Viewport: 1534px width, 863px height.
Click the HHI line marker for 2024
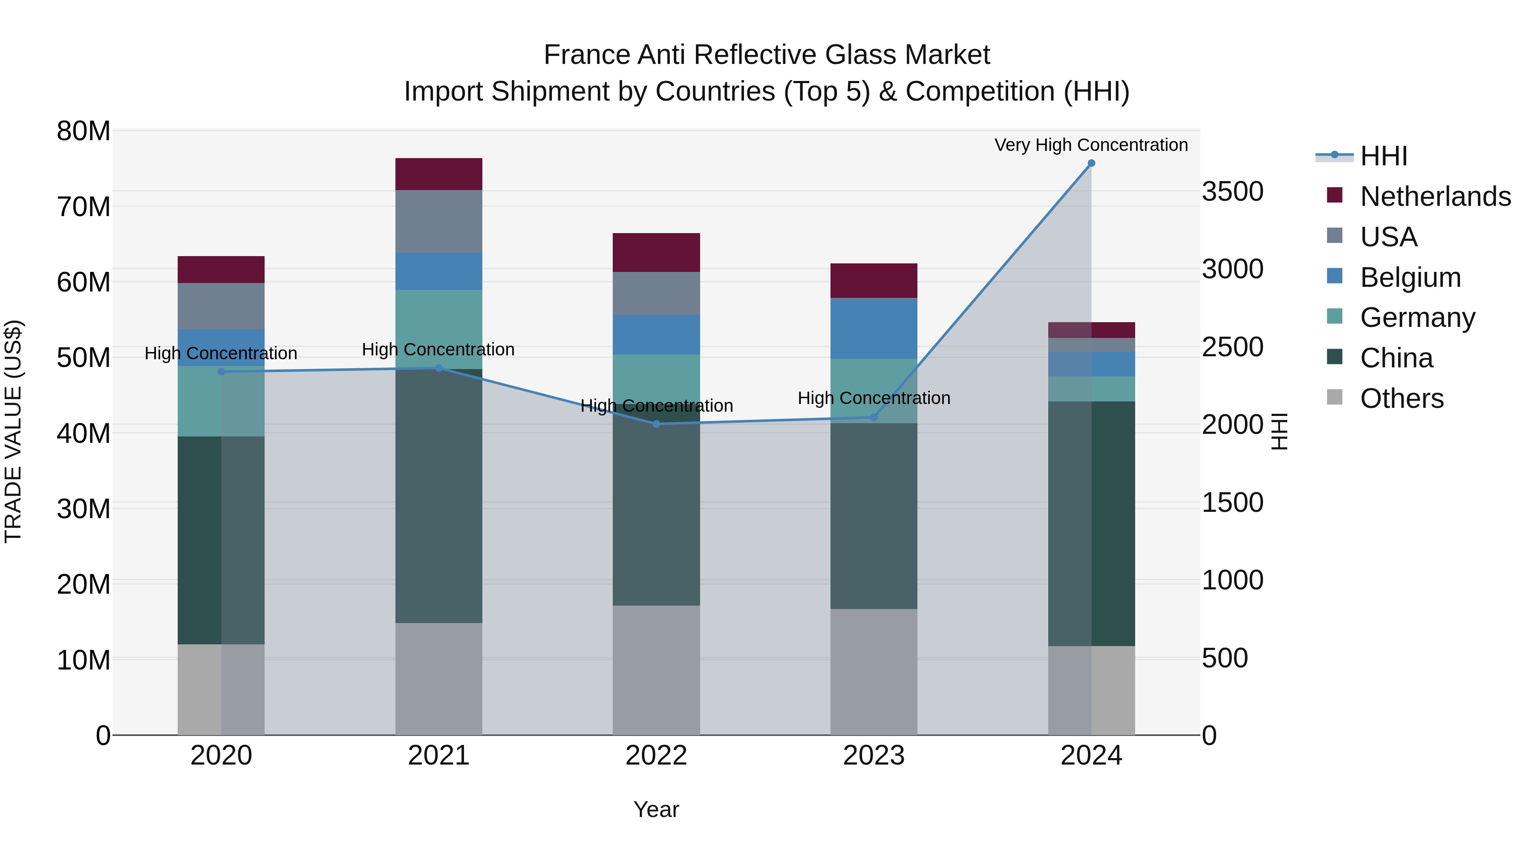click(1091, 163)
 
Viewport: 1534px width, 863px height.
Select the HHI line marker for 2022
click(656, 424)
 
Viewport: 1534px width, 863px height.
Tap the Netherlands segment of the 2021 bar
click(438, 174)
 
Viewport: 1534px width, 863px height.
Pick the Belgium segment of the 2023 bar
click(874, 328)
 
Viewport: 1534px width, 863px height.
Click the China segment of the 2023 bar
click(874, 516)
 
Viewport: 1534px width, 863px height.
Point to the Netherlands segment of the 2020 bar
click(221, 269)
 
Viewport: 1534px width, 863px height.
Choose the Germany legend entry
click(1417, 317)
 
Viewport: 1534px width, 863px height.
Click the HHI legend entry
click(1383, 156)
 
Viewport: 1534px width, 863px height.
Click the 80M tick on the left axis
click(84, 131)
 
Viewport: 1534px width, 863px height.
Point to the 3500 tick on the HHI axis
click(1232, 192)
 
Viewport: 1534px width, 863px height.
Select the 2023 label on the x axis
click(874, 756)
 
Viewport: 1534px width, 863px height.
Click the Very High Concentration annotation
click(1091, 145)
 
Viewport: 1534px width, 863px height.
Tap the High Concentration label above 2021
click(438, 349)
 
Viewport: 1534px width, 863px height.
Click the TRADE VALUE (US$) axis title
click(13, 431)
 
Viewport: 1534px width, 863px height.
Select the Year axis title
click(656, 809)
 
